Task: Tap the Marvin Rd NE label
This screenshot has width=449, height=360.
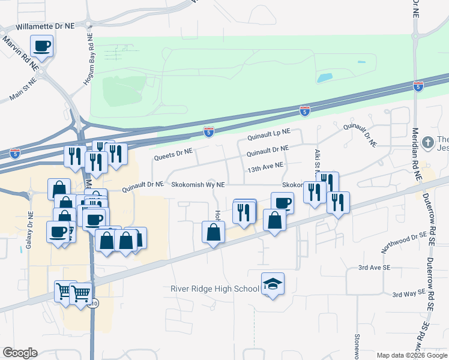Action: [20, 50]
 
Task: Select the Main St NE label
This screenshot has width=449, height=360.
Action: [24, 88]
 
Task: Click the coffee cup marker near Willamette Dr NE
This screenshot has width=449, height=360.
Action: [43, 46]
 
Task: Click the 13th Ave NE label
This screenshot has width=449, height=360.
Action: [265, 164]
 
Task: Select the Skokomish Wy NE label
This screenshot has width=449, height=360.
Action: [198, 185]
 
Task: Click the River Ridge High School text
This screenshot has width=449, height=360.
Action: [215, 289]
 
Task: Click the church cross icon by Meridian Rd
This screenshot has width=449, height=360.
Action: [427, 142]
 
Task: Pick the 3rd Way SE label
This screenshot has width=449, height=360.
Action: [408, 294]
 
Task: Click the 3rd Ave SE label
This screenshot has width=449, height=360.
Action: [374, 267]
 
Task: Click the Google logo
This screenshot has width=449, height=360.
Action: [20, 353]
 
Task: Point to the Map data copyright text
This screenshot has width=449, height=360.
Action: [411, 355]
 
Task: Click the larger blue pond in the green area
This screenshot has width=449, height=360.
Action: [325, 77]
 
